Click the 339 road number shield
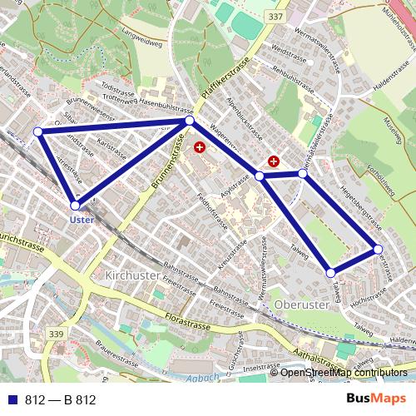[57, 334]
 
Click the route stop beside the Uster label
[75, 205]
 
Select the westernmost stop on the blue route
[37, 131]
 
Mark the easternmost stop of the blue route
[378, 249]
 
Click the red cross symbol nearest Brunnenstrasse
[199, 147]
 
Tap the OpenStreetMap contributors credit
[344, 374]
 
